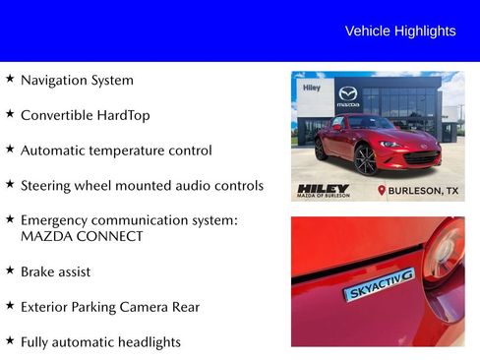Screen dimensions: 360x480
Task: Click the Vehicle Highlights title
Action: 400,31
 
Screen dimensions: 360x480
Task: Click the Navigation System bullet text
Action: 77,80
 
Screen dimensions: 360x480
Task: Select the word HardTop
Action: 125,115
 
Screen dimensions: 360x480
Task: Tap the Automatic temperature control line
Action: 116,150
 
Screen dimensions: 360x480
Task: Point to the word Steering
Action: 48,185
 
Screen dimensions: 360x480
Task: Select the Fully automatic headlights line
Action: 100,342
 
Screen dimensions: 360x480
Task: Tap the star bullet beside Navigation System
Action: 10,79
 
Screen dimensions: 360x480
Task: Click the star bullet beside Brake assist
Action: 10,270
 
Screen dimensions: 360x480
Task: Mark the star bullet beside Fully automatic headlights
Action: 10,340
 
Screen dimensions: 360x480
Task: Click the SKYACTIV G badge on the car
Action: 379,284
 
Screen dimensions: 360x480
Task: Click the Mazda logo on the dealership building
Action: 348,93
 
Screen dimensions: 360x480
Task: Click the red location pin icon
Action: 382,190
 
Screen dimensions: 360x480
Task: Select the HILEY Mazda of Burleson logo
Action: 323,190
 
